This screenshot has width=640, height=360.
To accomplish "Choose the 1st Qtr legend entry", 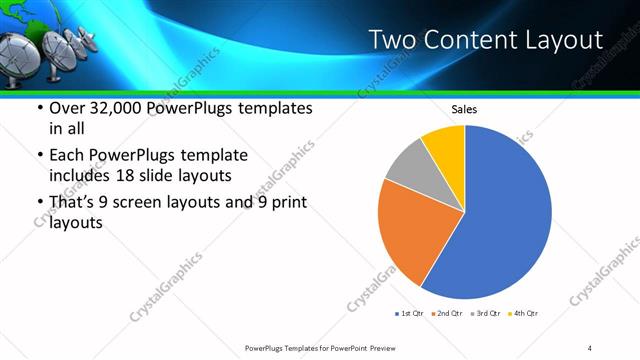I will (x=410, y=313).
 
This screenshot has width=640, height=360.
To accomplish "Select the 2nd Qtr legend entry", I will (x=446, y=313).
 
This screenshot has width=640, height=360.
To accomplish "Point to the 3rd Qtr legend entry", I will (x=485, y=313).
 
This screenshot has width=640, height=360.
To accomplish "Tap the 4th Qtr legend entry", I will (x=524, y=313).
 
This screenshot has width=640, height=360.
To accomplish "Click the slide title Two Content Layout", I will (x=486, y=40).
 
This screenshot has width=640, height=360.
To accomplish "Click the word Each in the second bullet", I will (x=67, y=156).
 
